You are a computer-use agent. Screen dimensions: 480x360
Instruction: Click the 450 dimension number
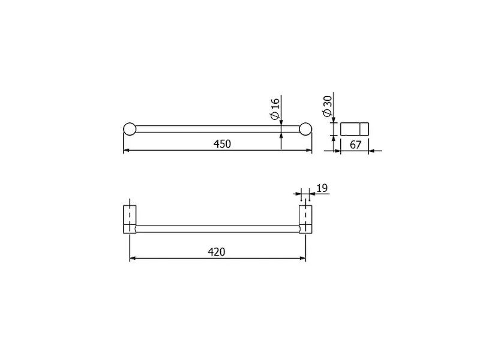(222, 144)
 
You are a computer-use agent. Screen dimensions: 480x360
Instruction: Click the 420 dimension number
(217, 252)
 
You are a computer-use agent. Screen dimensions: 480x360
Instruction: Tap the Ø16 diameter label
(275, 109)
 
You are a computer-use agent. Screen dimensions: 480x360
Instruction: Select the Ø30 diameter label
(327, 106)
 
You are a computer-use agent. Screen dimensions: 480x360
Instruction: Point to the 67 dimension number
(355, 145)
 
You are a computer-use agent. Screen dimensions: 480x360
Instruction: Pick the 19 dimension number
(322, 188)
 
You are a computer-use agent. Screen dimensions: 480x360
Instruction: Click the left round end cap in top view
(130, 129)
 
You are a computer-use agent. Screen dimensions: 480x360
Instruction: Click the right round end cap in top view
(305, 129)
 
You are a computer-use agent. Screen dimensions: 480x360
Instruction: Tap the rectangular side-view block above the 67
(355, 129)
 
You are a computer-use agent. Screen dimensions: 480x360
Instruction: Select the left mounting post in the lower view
(130, 219)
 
